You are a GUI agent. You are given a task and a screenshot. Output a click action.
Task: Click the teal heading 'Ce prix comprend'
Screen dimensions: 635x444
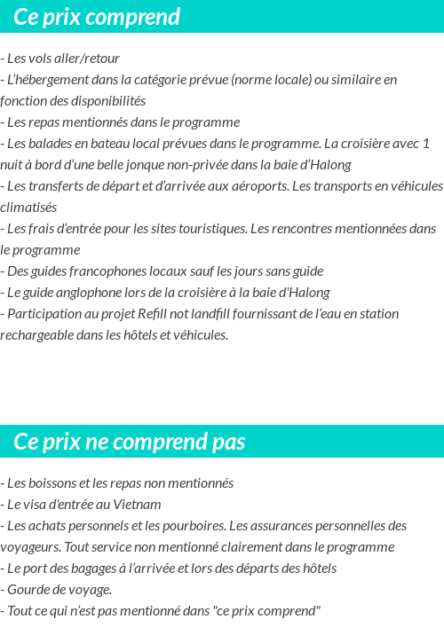tap(97, 17)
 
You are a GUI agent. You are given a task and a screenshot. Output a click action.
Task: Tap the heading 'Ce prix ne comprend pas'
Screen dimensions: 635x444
tap(130, 442)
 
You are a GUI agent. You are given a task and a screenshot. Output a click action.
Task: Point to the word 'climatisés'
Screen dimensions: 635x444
tap(28, 208)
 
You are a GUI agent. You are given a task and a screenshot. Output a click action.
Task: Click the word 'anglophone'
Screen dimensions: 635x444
tap(92, 293)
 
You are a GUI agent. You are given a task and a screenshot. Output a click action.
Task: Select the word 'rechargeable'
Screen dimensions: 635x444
tap(37, 335)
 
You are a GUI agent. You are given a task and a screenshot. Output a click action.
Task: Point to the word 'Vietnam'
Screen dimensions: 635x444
tap(138, 505)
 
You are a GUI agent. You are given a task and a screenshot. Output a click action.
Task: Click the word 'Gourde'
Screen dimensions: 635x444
tap(27, 590)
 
